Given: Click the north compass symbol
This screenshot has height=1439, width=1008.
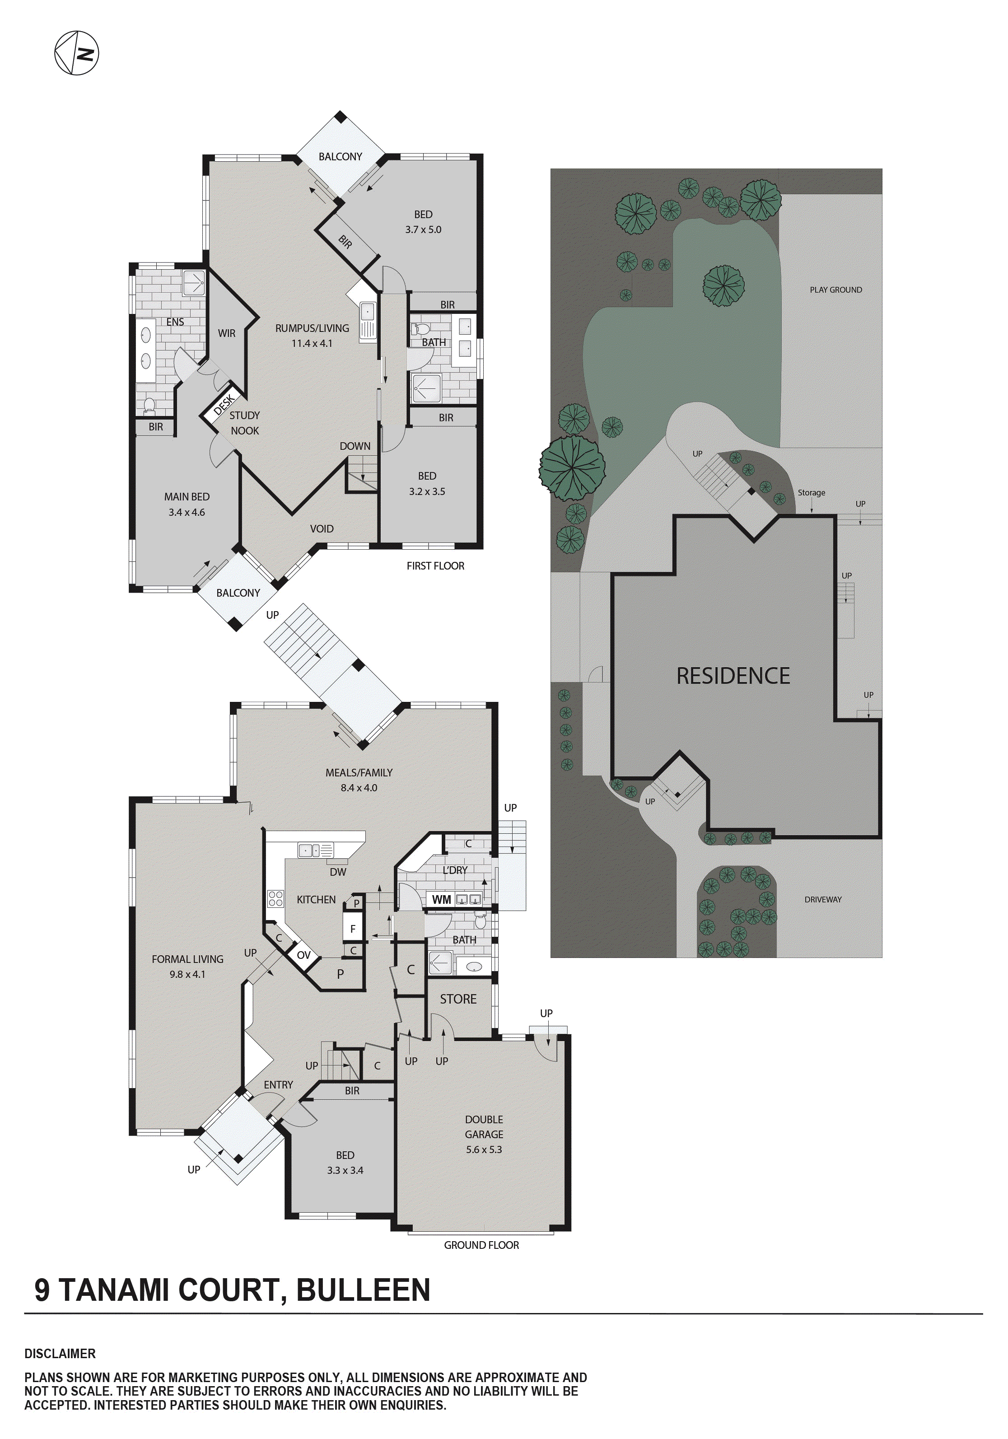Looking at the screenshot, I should pos(76,53).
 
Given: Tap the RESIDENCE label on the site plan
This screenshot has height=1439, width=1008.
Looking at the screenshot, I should pos(733,676).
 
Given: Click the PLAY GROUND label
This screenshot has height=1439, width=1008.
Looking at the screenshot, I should pos(835,290).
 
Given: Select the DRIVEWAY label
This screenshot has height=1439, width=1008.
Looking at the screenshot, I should pos(822,899).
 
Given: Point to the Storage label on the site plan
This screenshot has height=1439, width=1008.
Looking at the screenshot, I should pos(811,493).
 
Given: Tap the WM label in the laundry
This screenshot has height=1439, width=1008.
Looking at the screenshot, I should pos(441,899).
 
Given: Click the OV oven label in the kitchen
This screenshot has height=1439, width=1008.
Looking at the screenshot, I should pos(303,955).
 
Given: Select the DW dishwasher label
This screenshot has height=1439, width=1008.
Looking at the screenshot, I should pos(338,872).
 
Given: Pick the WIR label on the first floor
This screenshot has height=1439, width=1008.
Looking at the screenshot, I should pos(226,333).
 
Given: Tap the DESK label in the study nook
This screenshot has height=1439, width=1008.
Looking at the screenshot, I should pos(224,404).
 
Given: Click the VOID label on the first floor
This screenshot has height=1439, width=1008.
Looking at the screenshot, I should pos(322,529).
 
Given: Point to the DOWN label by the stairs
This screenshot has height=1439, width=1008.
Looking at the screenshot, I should pos(355,446).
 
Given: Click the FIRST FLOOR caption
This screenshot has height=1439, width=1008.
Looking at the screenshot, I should pos(435,566).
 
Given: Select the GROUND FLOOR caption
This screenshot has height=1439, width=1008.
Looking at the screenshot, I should pos(481,1245).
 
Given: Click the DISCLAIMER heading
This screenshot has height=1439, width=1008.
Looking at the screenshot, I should pos(60,1354).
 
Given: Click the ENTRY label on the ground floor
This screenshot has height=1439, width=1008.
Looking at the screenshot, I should pos(278,1085).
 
